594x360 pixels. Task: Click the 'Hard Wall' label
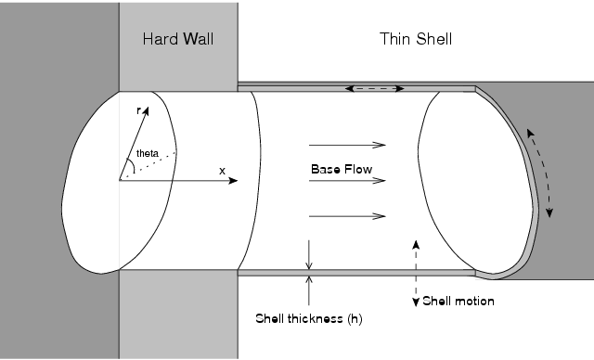pyautogui.click(x=178, y=40)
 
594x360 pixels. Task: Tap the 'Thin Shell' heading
pyautogui.click(x=415, y=40)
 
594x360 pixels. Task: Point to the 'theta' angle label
pyautogui.click(x=147, y=153)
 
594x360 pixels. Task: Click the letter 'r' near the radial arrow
pyautogui.click(x=138, y=111)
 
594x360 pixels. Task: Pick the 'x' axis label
pyautogui.click(x=222, y=171)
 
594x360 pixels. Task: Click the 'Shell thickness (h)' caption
pyautogui.click(x=309, y=319)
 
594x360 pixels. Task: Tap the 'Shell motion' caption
pyautogui.click(x=458, y=302)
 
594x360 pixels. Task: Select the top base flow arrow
pyautogui.click(x=347, y=145)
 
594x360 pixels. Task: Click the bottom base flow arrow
pyautogui.click(x=347, y=216)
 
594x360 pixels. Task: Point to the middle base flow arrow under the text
pyautogui.click(x=347, y=181)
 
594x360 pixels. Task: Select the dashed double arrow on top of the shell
pyautogui.click(x=375, y=89)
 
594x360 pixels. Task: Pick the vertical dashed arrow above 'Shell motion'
pyautogui.click(x=416, y=270)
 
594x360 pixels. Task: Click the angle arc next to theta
pyautogui.click(x=135, y=166)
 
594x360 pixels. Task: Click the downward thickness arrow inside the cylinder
pyautogui.click(x=309, y=254)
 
